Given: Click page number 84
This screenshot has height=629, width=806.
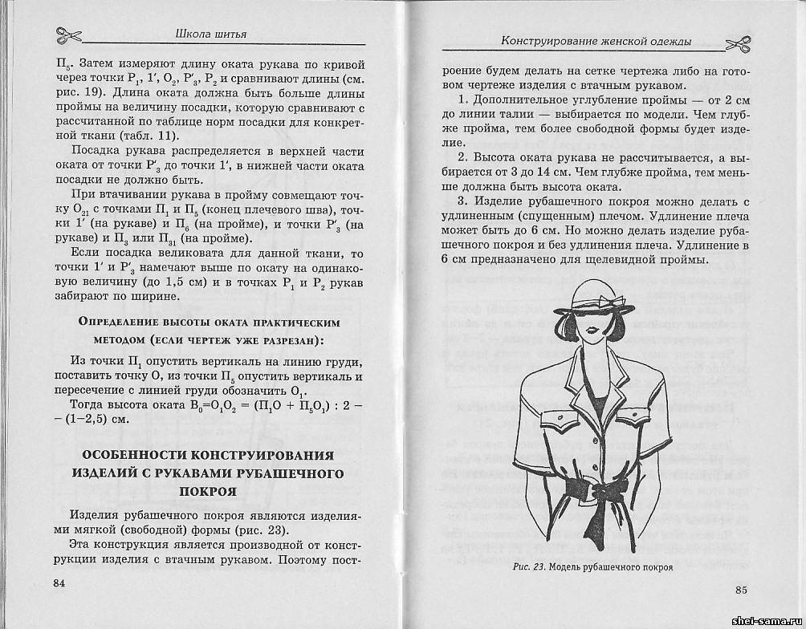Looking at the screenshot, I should pos(59,582).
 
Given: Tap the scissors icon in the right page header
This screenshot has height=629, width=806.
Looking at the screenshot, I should pos(738,41).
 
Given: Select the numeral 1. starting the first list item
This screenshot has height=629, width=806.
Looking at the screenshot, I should pos(463,99).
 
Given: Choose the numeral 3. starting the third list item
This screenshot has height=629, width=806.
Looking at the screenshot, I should pos(463,201).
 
